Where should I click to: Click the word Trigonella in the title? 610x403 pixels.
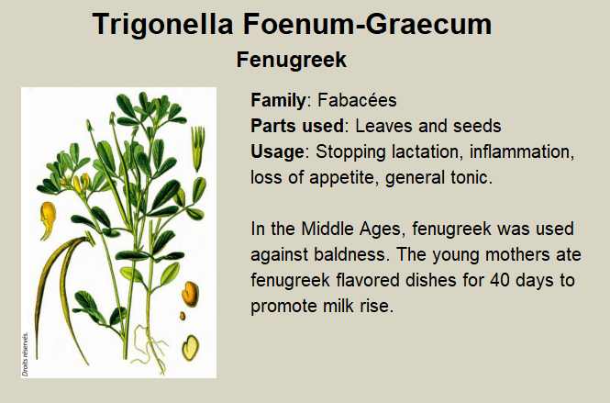tap(163, 24)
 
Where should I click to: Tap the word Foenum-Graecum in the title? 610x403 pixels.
tap(368, 24)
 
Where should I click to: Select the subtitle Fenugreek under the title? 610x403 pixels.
tap(292, 60)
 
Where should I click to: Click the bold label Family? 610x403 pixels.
tap(278, 100)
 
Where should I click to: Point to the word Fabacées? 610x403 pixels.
tap(357, 100)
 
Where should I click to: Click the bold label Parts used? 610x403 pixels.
tap(297, 126)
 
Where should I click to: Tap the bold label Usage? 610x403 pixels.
tap(277, 152)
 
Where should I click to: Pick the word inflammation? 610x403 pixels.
tap(522, 152)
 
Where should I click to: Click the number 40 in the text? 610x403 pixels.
tap(500, 280)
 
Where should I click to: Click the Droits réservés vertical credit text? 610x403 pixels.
tap(26, 354)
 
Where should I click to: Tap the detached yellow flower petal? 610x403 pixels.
tap(48, 219)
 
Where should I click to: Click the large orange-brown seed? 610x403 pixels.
tap(190, 294)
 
